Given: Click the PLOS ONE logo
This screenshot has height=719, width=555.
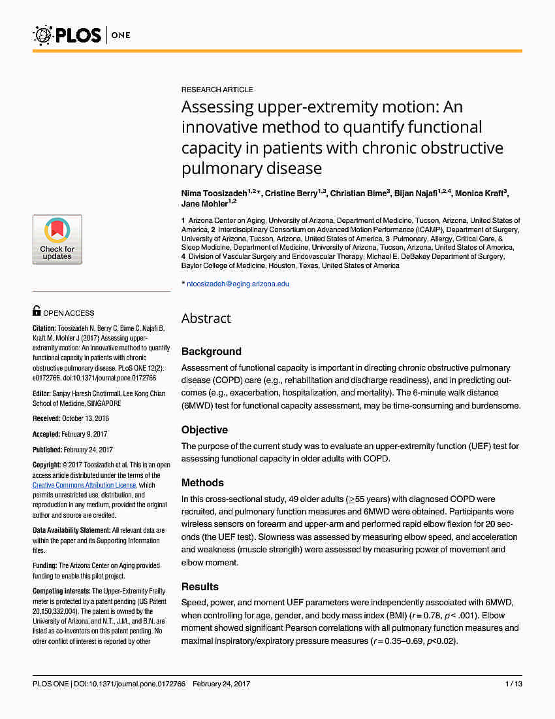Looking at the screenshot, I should (82, 34).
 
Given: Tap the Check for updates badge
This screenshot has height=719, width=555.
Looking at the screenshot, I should (57, 239).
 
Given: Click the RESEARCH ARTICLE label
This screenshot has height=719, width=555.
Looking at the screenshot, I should (217, 90).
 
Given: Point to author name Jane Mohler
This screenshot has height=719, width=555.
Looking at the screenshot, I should (203, 204).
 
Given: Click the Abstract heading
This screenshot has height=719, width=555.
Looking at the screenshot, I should (206, 318).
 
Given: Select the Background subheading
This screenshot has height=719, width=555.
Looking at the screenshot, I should (211, 351).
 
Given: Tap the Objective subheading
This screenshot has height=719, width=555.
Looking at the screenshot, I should (204, 429).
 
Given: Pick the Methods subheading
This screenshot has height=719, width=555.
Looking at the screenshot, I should (202, 482).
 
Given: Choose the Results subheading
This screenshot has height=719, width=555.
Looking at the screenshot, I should (200, 586).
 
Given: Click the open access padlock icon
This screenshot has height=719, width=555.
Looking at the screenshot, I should (37, 312).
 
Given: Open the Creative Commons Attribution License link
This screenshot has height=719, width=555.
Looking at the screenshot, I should (84, 485).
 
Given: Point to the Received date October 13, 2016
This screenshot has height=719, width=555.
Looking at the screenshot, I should (85, 418).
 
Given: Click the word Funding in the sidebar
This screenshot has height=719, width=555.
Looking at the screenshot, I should (44, 565).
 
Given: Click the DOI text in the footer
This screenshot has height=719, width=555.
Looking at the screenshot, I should (131, 684).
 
